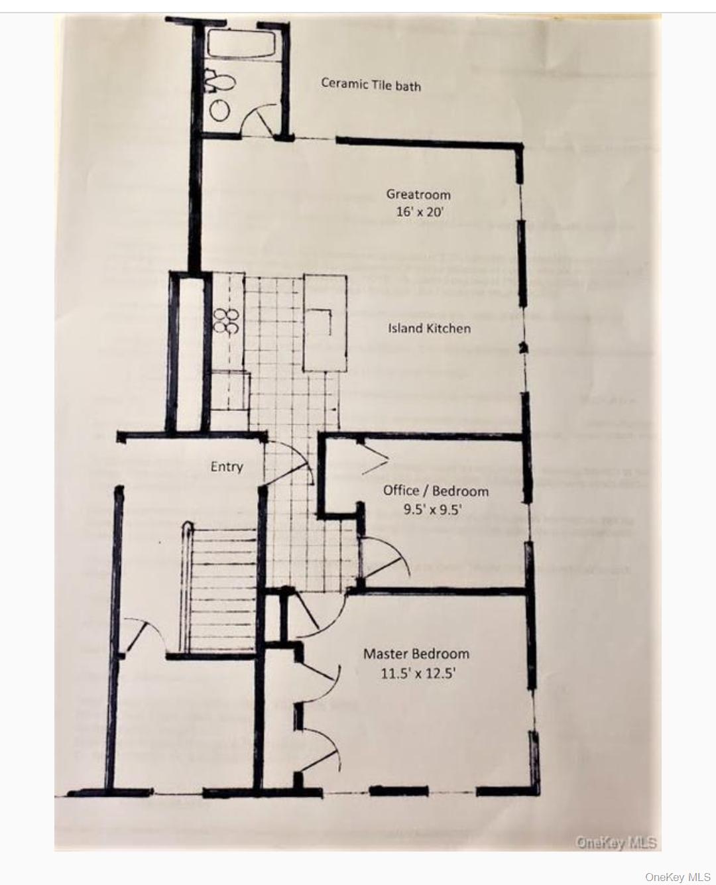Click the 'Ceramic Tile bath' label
click(371, 84)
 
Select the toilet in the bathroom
click(221, 82)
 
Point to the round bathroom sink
click(221, 109)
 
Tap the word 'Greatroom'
click(418, 194)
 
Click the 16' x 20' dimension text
click(418, 213)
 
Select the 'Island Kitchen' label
click(429, 328)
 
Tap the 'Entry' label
click(227, 467)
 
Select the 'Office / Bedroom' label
click(436, 491)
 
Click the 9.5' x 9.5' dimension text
click(432, 510)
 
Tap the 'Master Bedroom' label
click(416, 654)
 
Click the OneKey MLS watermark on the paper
click(616, 843)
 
